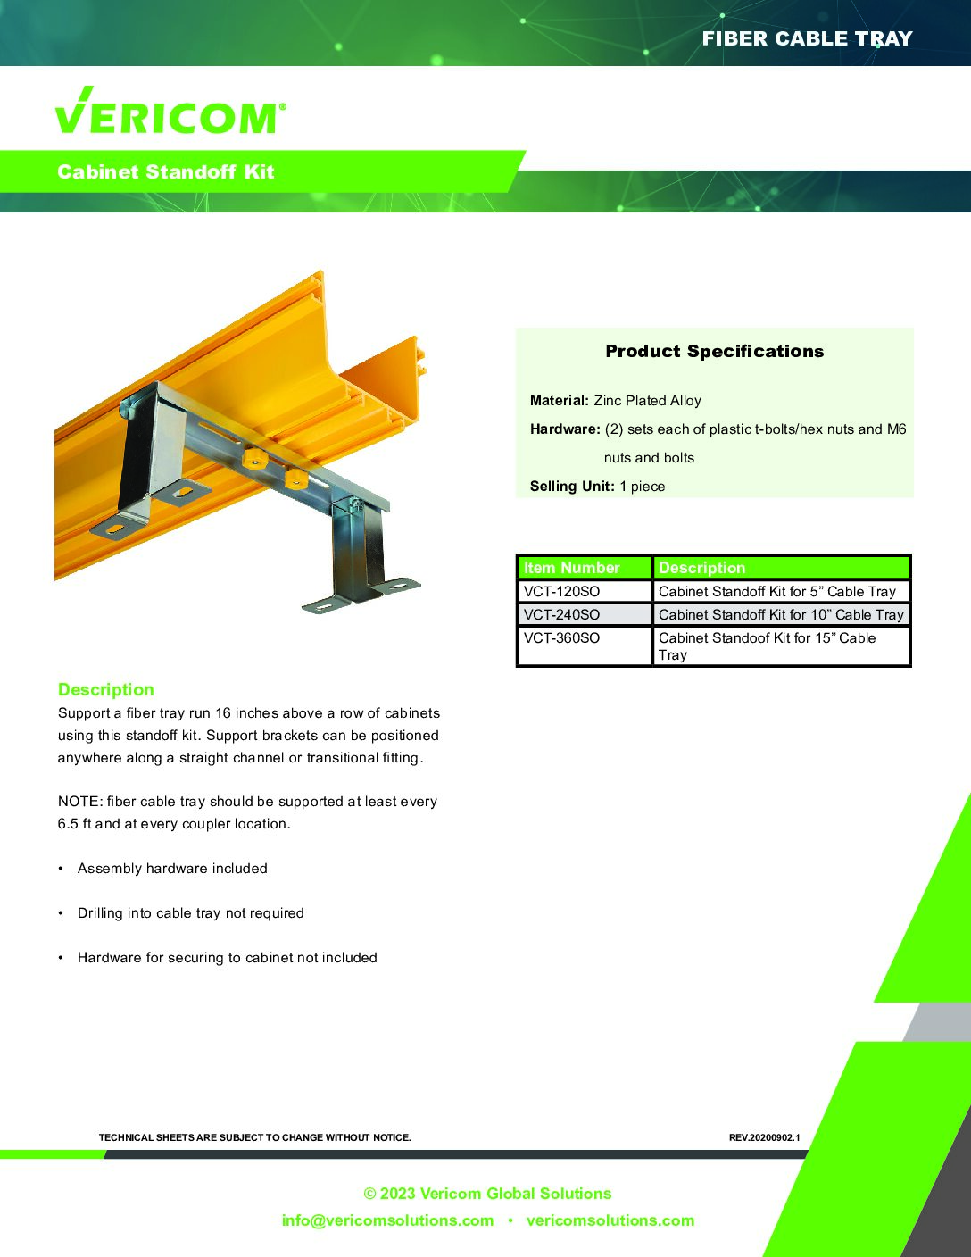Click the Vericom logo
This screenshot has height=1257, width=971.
170,111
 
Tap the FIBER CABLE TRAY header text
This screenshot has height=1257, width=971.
807,38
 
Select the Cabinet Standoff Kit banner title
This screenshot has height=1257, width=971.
165,171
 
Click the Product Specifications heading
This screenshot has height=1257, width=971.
714,351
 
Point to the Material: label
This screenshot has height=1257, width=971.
560,400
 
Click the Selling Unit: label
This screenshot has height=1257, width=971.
572,486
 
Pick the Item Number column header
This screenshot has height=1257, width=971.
571,568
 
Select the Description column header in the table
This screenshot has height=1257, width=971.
701,568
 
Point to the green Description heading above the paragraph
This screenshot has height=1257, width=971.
106,689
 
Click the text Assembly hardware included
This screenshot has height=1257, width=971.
172,869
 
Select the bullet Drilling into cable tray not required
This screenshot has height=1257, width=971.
191,912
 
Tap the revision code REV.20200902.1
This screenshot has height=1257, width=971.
764,1137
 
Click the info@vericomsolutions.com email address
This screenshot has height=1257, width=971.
387,1220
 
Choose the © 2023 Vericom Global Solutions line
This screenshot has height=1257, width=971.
487,1194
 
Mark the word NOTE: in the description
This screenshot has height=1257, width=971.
80,801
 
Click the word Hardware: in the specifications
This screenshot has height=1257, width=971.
565,429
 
